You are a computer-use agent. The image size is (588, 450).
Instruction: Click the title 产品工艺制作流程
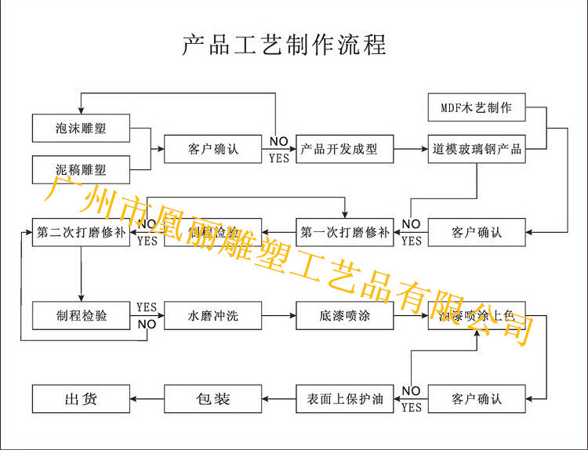pos(284,45)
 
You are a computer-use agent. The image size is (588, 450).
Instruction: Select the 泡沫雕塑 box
pos(81,129)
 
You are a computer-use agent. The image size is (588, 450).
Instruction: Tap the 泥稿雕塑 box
pos(81,169)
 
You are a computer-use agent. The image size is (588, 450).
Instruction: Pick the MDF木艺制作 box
pos(476,107)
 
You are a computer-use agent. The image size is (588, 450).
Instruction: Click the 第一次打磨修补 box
pos(344,232)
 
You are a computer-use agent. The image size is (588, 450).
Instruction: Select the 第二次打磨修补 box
pos(81,232)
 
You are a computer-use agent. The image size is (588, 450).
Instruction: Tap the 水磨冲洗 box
pos(212,316)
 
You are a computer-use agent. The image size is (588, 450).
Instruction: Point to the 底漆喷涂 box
pos(344,316)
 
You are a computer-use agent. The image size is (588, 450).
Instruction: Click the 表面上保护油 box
pos(344,399)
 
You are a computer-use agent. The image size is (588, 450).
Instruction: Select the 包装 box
pos(212,399)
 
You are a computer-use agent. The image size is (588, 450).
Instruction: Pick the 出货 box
pos(81,399)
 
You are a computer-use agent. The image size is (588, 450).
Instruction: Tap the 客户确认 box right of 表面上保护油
pos(476,399)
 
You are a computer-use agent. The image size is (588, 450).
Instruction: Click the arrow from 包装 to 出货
pos(147,399)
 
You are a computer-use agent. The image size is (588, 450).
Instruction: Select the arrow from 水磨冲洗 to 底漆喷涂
pos(278,316)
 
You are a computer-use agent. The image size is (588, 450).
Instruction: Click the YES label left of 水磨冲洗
pos(147,307)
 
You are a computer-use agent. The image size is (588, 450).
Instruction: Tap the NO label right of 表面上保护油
pos(411,391)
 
